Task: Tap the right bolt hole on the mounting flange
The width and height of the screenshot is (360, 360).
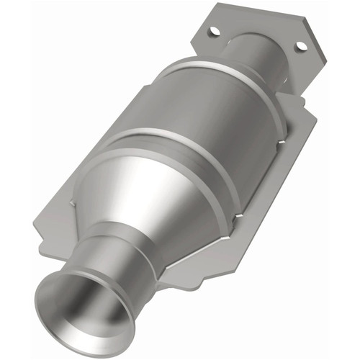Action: [x=301, y=46]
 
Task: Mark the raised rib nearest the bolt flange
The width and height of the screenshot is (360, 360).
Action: [x=223, y=83]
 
